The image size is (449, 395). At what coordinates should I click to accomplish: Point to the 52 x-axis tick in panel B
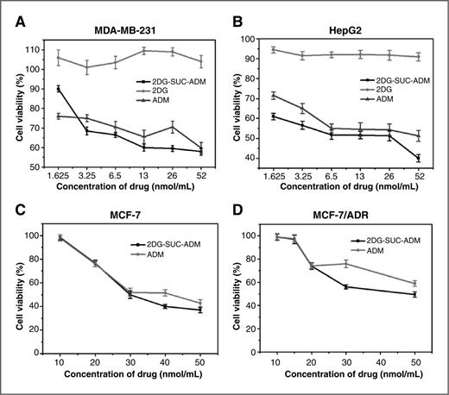pyautogui.click(x=419, y=173)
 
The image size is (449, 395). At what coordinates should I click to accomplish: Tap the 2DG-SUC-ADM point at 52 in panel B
pyautogui.click(x=419, y=158)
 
